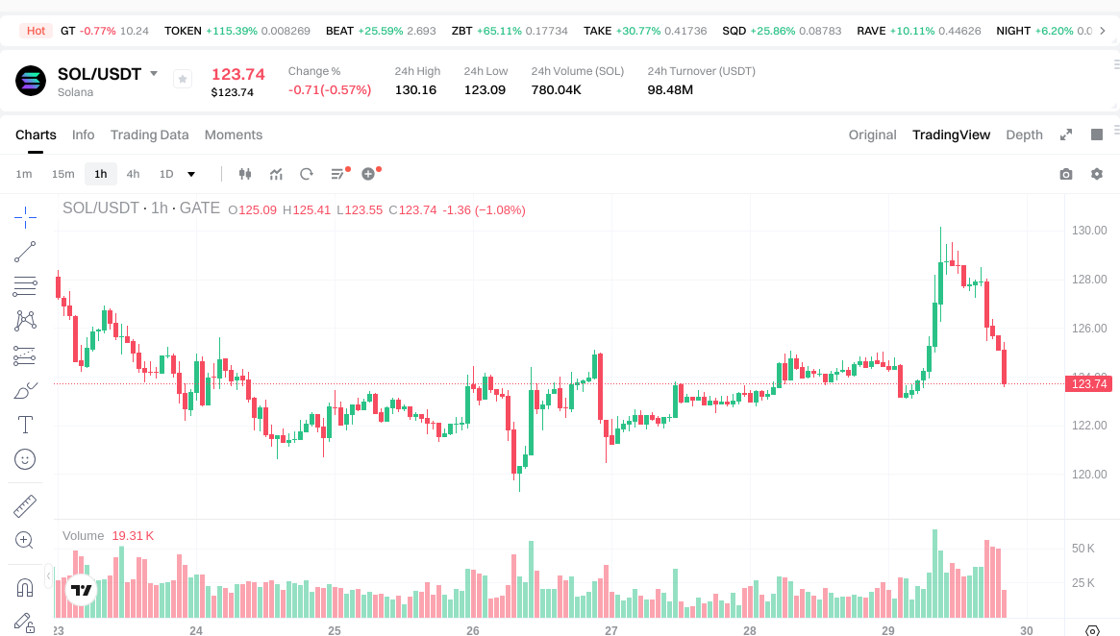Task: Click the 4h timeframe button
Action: [x=133, y=174]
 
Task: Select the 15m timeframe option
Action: [x=62, y=174]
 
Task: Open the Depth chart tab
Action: [x=1024, y=135]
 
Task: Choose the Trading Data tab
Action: [x=149, y=135]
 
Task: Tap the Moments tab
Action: [x=234, y=135]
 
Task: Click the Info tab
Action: [x=84, y=135]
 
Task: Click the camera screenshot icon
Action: [x=1065, y=174]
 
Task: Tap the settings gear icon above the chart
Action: [x=1096, y=174]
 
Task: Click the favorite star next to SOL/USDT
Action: [x=183, y=79]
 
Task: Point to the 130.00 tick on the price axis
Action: [x=1090, y=231]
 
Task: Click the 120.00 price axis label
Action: [x=1090, y=475]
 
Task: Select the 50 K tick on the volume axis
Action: [x=1083, y=549]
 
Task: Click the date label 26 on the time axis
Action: [x=473, y=631]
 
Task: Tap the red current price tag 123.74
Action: [x=1089, y=384]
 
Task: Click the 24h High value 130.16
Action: [x=415, y=89]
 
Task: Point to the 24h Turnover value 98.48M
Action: [x=670, y=89]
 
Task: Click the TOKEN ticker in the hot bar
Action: [x=183, y=31]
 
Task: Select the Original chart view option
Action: [x=872, y=135]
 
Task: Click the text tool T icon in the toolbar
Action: [x=25, y=425]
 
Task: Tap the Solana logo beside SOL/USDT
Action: [x=31, y=81]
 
